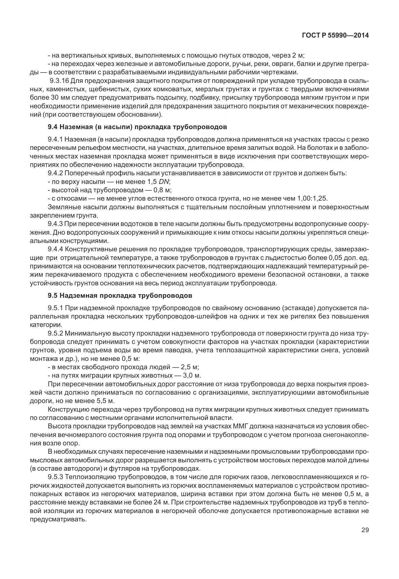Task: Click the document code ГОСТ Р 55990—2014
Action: pos(335,36)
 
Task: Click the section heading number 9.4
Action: pos(53,127)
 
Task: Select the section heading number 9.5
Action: pos(53,295)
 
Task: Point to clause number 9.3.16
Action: pos(59,81)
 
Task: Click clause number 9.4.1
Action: pos(55,139)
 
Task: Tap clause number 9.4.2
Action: pos(55,173)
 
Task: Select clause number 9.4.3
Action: pos(55,224)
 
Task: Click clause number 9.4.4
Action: pos(55,250)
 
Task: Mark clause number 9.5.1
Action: pos(55,308)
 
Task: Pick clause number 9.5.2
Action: pos(55,333)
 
